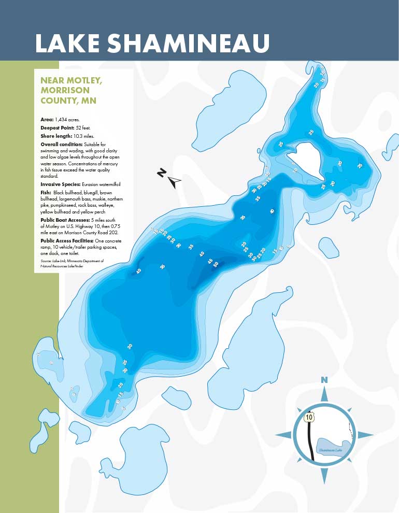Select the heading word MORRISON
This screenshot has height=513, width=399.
(61, 90)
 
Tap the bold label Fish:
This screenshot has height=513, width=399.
(46, 192)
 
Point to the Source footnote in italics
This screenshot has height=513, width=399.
(72, 263)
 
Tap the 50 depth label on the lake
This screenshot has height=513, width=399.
(216, 264)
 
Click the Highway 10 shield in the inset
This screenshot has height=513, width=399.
(308, 417)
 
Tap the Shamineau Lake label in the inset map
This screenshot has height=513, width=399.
(330, 450)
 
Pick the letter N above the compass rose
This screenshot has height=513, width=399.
(324, 380)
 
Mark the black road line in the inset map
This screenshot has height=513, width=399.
(310, 440)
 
